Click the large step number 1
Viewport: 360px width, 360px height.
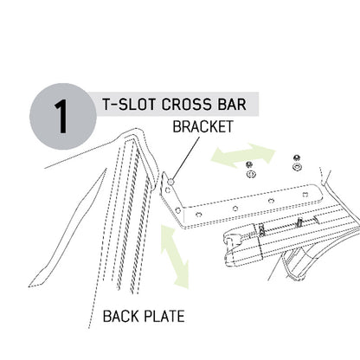[61, 117]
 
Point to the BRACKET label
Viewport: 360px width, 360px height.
[202, 126]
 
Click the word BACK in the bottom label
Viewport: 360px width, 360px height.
[121, 316]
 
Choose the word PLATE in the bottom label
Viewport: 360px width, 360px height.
[164, 316]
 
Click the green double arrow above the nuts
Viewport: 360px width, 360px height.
[243, 155]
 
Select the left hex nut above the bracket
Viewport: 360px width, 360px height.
[249, 164]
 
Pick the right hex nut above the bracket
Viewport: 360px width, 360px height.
[296, 157]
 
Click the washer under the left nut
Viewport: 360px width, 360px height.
[251, 174]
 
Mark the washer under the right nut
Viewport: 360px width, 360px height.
[296, 167]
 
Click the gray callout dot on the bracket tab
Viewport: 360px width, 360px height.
[171, 182]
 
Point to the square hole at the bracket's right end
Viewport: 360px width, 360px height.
[305, 195]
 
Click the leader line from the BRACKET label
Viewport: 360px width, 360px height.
[186, 157]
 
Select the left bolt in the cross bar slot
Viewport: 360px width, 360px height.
[261, 231]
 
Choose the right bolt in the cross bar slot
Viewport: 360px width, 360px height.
[299, 222]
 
